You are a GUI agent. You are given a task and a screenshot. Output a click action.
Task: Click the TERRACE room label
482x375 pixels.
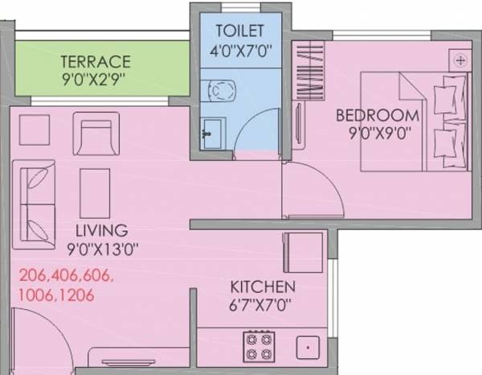pos(96,61)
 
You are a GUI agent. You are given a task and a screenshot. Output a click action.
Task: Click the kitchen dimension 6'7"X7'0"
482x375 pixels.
pos(260,305)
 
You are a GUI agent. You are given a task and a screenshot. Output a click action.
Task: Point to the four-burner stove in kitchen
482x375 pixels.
pos(259,347)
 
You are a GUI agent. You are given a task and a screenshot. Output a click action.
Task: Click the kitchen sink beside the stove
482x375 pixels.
pos(308,348)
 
